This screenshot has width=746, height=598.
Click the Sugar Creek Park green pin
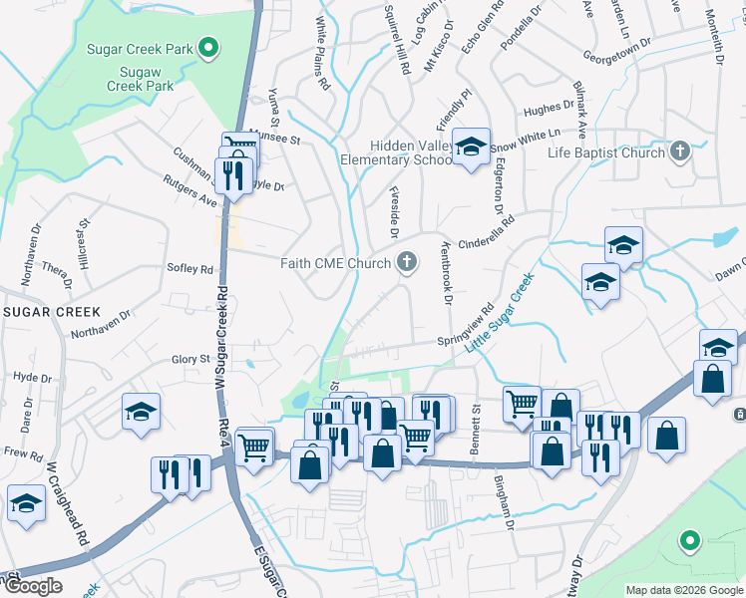click(208, 47)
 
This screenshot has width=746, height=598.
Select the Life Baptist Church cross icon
click(679, 152)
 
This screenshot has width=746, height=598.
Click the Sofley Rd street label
click(190, 269)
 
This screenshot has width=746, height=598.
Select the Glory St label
click(191, 359)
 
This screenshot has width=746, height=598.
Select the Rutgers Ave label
click(190, 192)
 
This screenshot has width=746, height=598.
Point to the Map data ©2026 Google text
click(684, 590)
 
